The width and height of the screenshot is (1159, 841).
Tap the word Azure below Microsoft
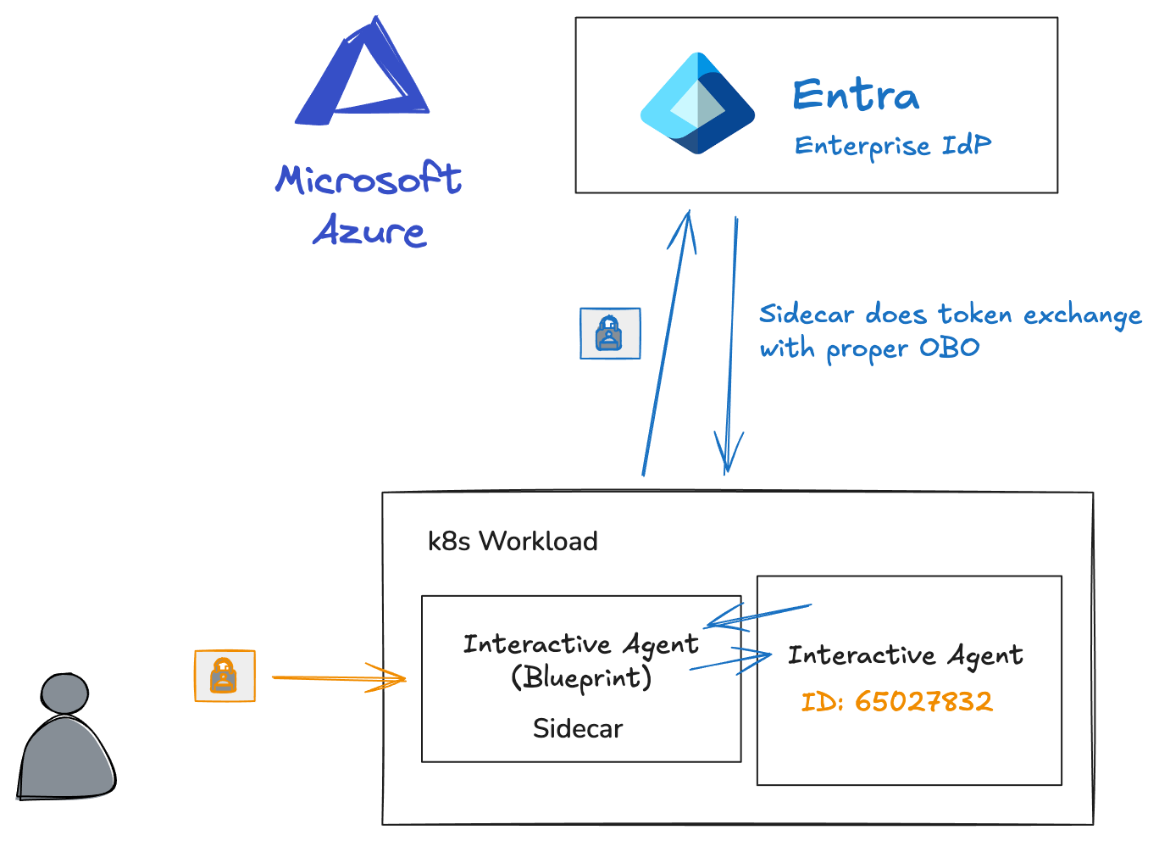[x=369, y=231]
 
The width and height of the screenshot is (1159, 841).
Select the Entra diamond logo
[x=697, y=103]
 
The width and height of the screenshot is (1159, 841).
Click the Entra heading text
[x=856, y=95]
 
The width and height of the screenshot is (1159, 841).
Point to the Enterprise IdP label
[x=892, y=146]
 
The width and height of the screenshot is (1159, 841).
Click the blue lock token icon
[x=610, y=333]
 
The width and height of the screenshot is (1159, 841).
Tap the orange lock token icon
[x=225, y=676]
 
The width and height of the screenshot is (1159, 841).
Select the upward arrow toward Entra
[x=668, y=339]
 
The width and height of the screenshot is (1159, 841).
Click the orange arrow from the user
[x=339, y=678]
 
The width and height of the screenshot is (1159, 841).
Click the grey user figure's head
[x=64, y=693]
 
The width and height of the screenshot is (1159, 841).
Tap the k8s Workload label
[x=513, y=541]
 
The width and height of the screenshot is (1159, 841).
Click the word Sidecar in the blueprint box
[x=578, y=728]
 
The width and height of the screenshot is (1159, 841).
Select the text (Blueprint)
[x=581, y=677]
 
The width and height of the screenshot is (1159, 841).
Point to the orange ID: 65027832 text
[x=897, y=702]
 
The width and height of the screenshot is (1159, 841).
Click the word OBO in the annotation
[x=950, y=348]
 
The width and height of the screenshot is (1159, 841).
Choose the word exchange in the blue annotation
[x=1082, y=315]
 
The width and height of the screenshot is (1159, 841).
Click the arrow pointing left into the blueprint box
[x=754, y=615]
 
